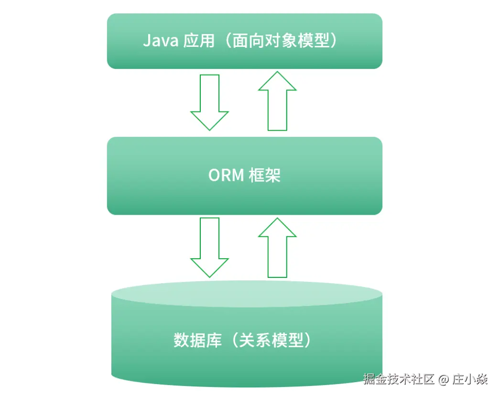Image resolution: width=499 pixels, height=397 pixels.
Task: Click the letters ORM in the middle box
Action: point(226,176)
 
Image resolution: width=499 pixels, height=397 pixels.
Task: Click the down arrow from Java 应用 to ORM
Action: point(209,101)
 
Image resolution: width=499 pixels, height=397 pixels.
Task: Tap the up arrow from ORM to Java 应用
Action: point(277,101)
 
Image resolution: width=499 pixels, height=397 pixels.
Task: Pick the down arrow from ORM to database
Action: point(209,247)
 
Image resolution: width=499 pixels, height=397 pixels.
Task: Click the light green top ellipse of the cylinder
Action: point(247,293)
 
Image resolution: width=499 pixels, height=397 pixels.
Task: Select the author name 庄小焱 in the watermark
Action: point(471,380)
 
